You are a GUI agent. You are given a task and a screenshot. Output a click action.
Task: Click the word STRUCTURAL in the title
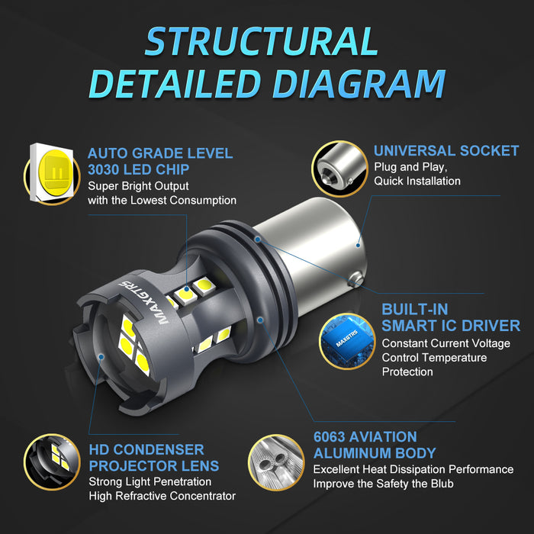262,41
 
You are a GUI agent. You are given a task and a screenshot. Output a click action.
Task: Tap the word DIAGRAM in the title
359,84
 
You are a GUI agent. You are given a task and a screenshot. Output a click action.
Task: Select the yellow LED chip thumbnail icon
52,174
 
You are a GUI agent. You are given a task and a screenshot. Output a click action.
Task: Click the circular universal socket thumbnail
339,169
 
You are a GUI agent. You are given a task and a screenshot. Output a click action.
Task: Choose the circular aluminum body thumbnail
276,462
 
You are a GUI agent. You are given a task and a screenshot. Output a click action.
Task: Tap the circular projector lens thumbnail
52,462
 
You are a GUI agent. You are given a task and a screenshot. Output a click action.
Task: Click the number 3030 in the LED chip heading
103,169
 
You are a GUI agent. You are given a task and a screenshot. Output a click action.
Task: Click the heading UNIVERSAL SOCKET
446,151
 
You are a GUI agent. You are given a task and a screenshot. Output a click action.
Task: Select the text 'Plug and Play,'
410,167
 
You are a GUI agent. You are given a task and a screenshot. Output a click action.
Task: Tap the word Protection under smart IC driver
407,372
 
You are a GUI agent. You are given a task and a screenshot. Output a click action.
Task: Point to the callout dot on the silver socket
358,245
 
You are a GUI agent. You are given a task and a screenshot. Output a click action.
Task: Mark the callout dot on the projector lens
101,357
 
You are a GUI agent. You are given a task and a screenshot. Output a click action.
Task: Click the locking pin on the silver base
356,280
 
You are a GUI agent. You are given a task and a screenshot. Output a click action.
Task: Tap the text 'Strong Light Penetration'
150,482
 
